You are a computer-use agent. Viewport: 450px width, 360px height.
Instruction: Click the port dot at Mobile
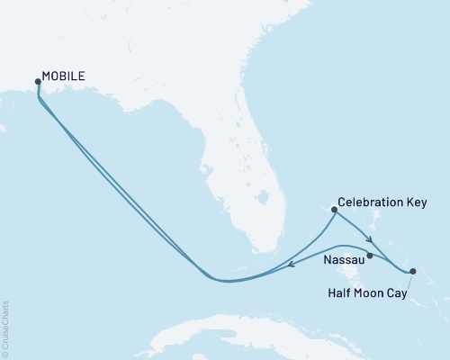[37, 81]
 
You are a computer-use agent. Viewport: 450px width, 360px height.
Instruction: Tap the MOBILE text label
[64, 77]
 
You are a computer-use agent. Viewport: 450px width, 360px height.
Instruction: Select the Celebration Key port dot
[334, 210]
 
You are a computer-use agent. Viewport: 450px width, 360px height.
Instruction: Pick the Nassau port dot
[370, 256]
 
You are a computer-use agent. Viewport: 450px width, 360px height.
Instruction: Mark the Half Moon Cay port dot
[412, 270]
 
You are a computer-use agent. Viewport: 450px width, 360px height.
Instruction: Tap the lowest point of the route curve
[225, 281]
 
